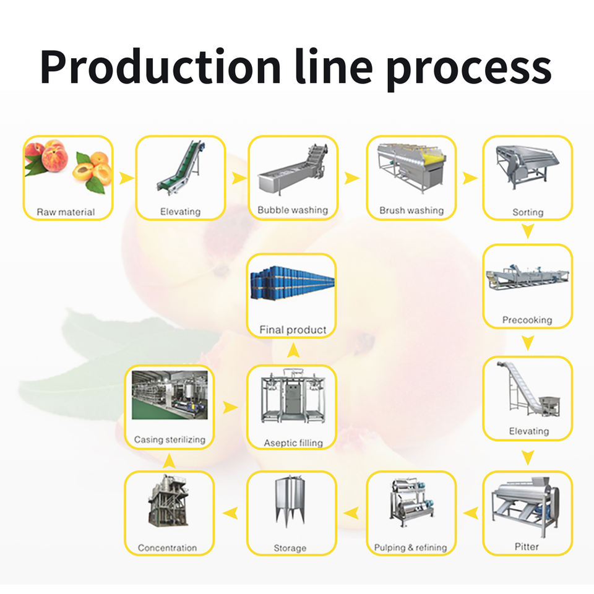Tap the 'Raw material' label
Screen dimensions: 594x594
click(66, 212)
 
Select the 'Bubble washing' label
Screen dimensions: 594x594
click(293, 210)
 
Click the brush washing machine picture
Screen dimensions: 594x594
click(411, 170)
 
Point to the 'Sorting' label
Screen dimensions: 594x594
click(528, 212)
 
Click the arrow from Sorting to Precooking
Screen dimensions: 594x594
click(527, 232)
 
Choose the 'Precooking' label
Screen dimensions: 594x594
click(527, 321)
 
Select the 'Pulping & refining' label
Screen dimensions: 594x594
click(410, 548)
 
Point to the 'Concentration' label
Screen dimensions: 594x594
click(167, 548)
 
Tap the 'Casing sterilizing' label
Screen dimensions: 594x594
click(170, 440)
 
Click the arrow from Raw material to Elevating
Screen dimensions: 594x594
click(126, 178)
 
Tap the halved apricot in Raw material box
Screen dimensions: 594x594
click(84, 171)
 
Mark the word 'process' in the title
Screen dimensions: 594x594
click(468, 68)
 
